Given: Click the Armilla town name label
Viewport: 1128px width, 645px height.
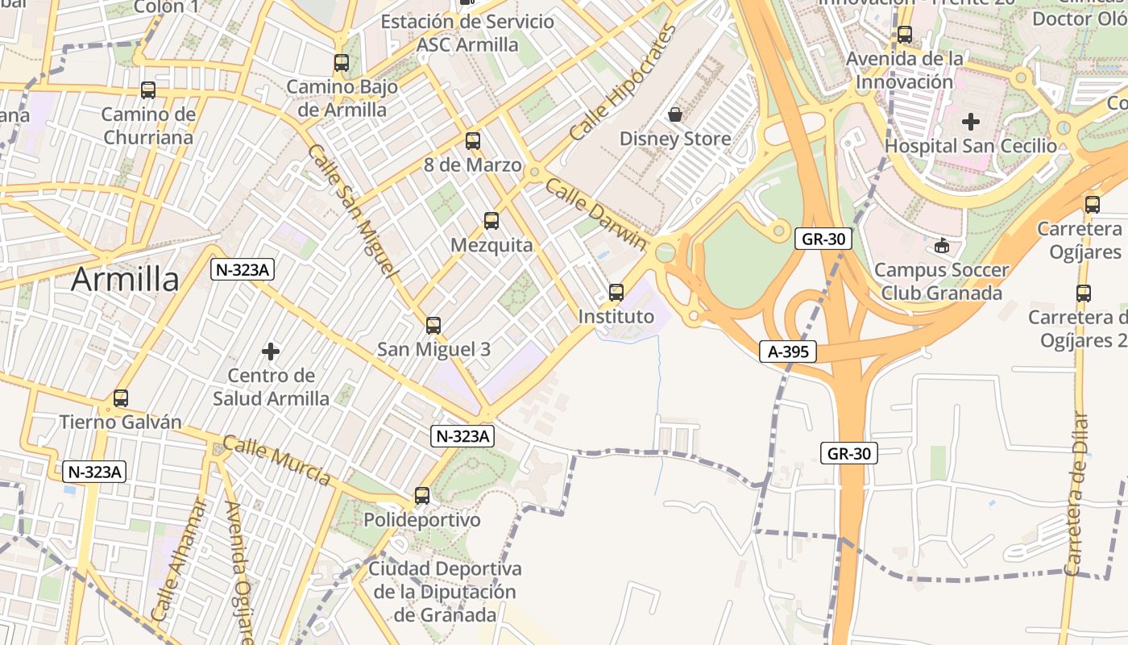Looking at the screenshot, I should pyautogui.click(x=125, y=280).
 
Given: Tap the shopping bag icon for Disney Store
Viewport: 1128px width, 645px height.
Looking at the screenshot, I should pyautogui.click(x=675, y=114).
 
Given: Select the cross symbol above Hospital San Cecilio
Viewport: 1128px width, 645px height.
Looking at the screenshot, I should pyautogui.click(x=971, y=122).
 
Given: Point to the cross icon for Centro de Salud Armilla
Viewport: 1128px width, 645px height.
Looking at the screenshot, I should pyautogui.click(x=271, y=351).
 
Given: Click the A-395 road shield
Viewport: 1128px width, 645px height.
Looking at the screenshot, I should pyautogui.click(x=787, y=352).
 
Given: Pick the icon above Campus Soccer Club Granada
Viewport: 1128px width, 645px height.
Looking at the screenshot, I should pyautogui.click(x=941, y=245).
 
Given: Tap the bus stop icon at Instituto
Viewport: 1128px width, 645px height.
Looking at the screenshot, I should pyautogui.click(x=616, y=292).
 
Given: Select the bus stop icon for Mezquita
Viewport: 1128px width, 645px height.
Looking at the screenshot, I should pyautogui.click(x=491, y=220).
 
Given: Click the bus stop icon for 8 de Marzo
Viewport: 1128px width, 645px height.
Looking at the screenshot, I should pyautogui.click(x=473, y=140).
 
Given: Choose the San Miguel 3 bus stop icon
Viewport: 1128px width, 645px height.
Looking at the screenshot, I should pyautogui.click(x=433, y=325).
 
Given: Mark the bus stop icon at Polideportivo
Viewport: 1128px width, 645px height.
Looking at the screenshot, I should pyautogui.click(x=422, y=495).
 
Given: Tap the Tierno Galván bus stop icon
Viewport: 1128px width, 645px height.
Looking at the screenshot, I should pyautogui.click(x=121, y=397).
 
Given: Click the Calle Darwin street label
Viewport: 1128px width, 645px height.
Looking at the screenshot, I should pyautogui.click(x=596, y=214).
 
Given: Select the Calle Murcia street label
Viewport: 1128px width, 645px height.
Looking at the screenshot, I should pyautogui.click(x=276, y=461).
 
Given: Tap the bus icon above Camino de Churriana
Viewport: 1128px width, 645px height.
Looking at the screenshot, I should pyautogui.click(x=148, y=89).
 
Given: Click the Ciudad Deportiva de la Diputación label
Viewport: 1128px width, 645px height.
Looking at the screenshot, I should pyautogui.click(x=445, y=592).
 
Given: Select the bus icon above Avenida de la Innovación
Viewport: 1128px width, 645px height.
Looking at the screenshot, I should pyautogui.click(x=905, y=35).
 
